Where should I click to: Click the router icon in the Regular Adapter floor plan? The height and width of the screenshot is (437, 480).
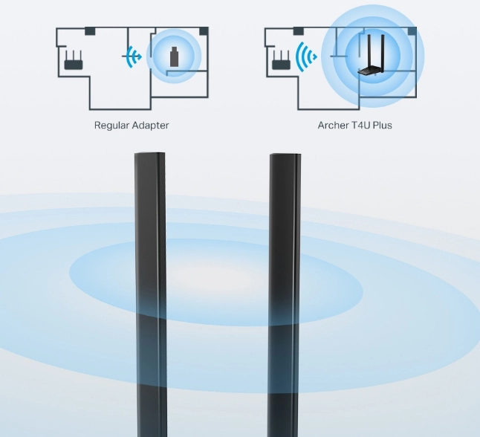coord(74,60)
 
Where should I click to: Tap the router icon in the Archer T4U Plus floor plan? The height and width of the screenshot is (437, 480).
coord(282,60)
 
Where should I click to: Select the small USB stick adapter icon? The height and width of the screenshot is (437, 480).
coord(174,56)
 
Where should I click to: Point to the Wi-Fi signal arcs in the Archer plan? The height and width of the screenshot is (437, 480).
coord(306,56)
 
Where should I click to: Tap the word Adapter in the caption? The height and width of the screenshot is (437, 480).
coord(150,126)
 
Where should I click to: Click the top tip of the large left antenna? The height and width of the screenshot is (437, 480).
coord(149,153)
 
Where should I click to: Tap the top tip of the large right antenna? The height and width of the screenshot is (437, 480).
coord(285,155)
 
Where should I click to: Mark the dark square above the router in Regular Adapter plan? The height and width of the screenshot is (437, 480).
coord(90,31)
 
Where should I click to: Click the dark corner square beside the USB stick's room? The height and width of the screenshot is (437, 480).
coord(204,31)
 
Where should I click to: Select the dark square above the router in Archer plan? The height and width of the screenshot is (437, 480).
coord(299,31)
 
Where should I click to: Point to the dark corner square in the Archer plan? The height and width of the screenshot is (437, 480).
coord(412,31)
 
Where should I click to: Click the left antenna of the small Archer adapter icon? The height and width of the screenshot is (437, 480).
coord(369,51)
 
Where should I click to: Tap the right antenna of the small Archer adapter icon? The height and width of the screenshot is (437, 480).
coord(383,51)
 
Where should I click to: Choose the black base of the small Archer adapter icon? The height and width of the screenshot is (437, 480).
coord(371,71)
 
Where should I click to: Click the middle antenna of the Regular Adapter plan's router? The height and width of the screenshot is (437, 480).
coord(74,56)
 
